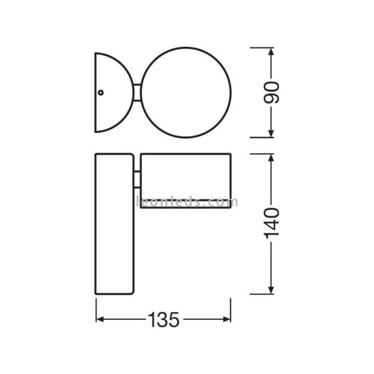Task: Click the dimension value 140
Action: (275, 223)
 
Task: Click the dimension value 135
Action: (164, 320)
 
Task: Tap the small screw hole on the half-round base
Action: (100, 92)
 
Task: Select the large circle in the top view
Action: (186, 93)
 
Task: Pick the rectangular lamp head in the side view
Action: (185, 180)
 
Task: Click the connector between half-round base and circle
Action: (137, 93)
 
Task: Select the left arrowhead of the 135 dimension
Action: (100, 320)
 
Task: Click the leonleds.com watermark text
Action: (186, 202)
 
